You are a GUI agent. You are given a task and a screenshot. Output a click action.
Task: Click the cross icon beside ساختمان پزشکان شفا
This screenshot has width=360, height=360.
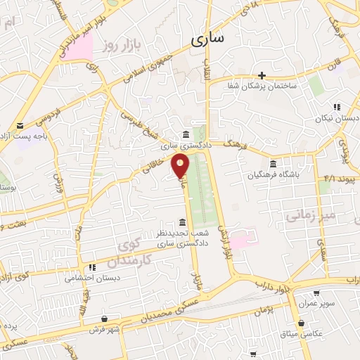(x=262, y=75)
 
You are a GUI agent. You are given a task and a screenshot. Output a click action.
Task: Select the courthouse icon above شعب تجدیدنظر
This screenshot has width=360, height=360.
(x=183, y=222)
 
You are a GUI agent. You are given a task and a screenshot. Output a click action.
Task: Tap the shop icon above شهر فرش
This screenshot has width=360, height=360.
(x=104, y=318)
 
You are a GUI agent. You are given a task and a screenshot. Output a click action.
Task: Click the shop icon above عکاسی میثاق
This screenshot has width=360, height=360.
(x=302, y=323)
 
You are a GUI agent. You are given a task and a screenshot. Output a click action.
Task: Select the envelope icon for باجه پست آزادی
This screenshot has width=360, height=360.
(x=19, y=125)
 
